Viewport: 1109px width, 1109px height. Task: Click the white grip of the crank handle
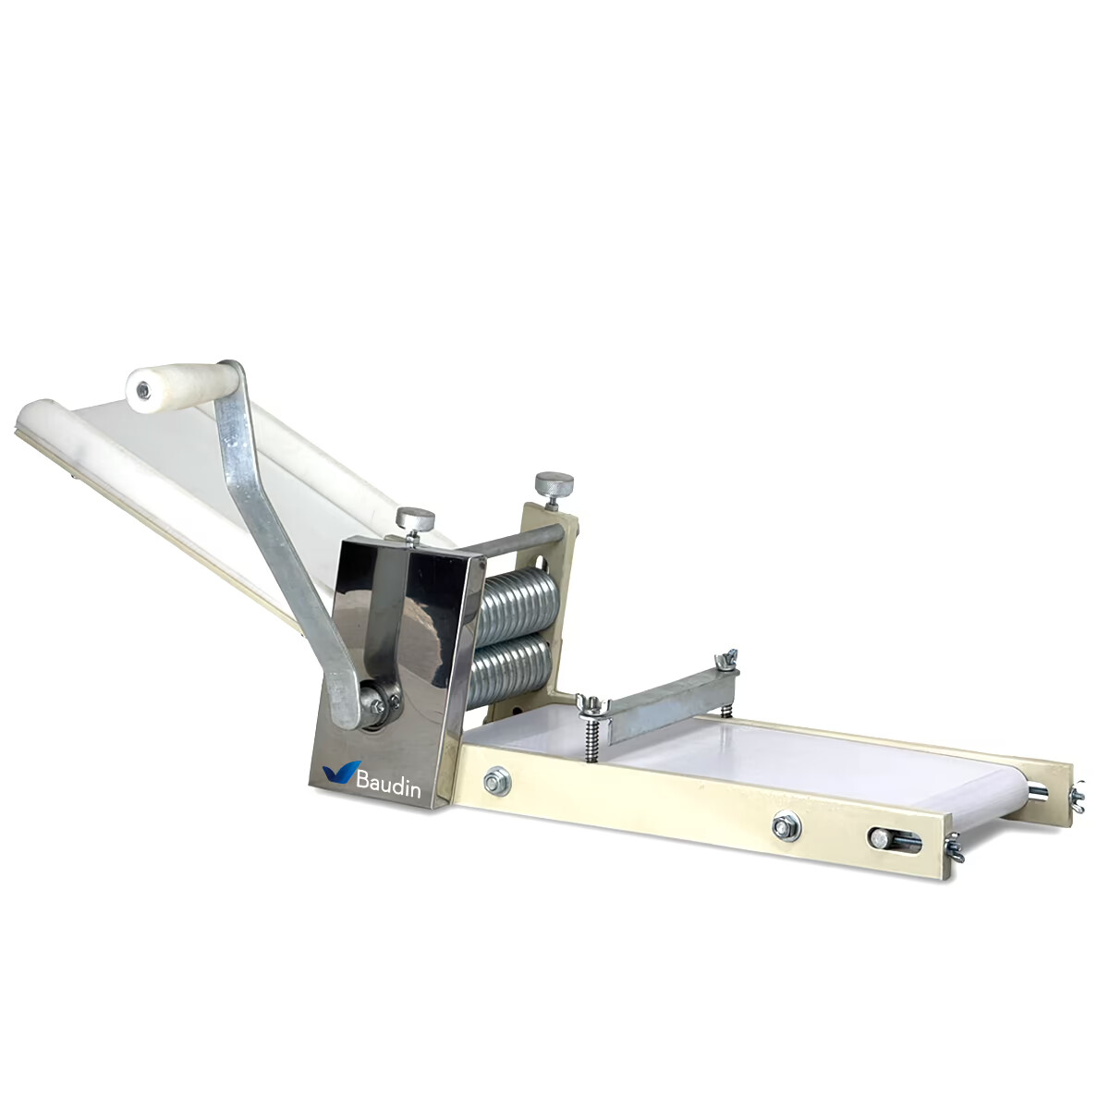(185, 384)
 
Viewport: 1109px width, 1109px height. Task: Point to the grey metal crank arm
(277, 536)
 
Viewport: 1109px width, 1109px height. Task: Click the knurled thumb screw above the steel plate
(415, 518)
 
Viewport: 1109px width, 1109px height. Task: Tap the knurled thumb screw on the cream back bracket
(553, 483)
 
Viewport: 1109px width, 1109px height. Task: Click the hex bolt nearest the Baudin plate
(497, 781)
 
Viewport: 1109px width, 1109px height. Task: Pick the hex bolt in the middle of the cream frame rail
(786, 824)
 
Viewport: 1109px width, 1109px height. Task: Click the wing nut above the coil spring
(589, 704)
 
